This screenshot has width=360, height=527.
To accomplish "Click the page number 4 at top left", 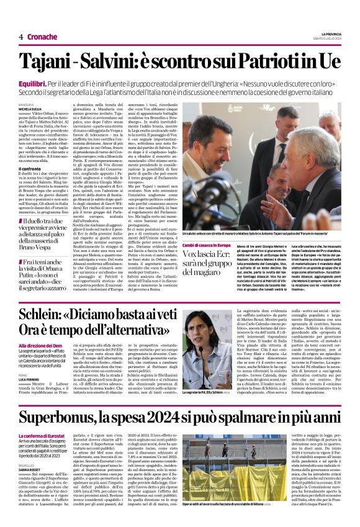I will (22, 36).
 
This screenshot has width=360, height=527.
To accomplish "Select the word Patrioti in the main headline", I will (269, 63).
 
